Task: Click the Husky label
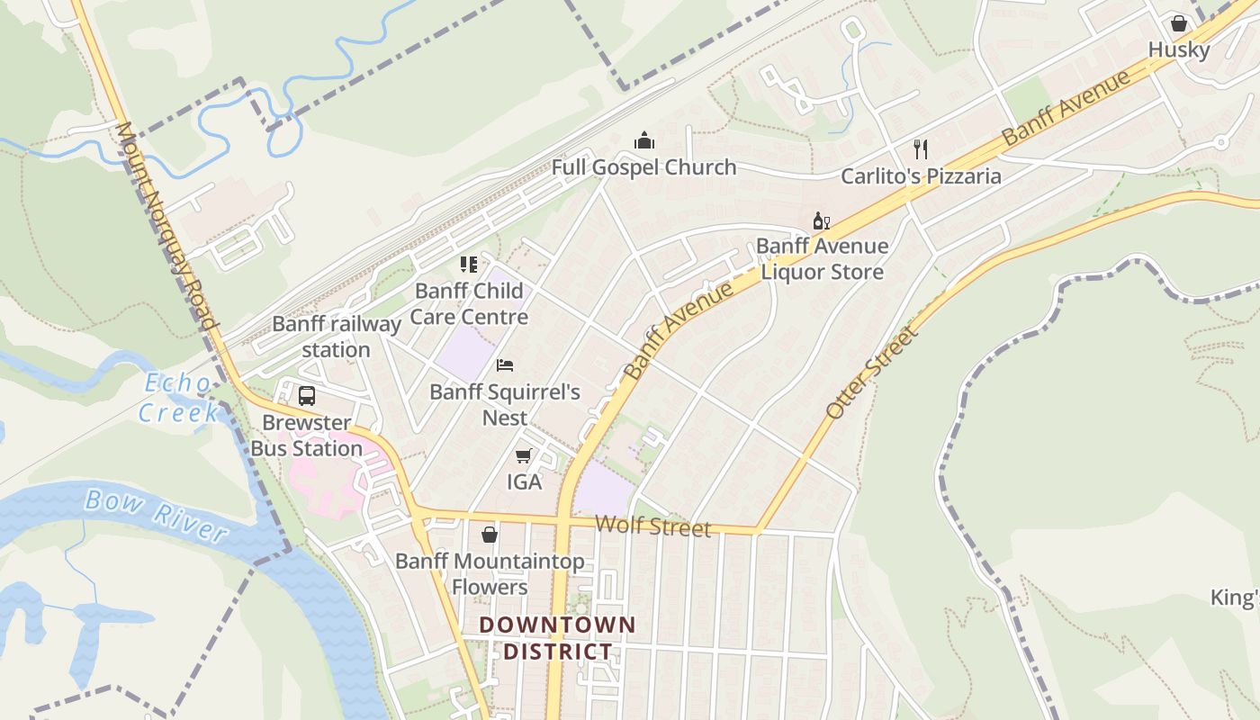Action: point(1178,49)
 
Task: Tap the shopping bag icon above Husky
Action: point(1178,23)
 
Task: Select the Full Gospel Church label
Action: point(643,167)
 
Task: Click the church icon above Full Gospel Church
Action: point(643,140)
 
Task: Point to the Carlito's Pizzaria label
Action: point(921,175)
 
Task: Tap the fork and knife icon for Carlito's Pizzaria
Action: point(920,148)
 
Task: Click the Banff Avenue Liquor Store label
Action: point(822,258)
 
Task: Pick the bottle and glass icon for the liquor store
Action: point(821,221)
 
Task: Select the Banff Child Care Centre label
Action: point(469,303)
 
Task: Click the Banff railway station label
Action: point(336,337)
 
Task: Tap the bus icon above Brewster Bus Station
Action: point(307,396)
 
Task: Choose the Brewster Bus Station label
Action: point(306,436)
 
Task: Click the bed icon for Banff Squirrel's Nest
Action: point(505,365)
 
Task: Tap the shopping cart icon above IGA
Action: point(524,456)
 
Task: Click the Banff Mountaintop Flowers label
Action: point(490,574)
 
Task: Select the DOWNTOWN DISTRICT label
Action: point(557,638)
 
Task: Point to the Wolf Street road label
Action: point(652,526)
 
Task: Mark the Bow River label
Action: point(155,515)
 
